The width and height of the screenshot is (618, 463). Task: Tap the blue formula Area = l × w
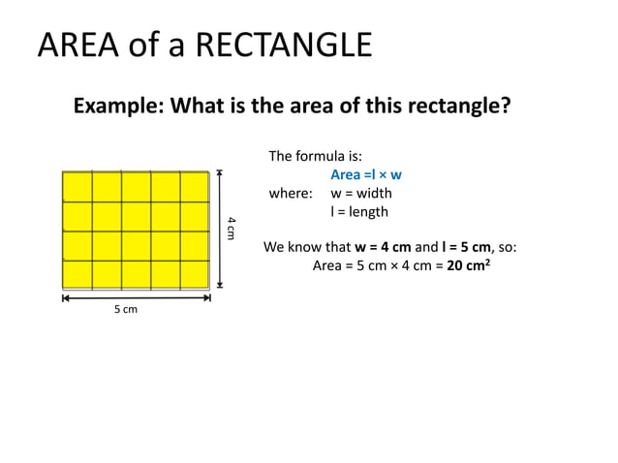point(366,175)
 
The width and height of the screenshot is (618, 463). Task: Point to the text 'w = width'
point(361,194)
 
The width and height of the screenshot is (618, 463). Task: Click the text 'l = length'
point(359,212)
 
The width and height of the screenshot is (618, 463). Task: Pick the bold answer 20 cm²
point(469,264)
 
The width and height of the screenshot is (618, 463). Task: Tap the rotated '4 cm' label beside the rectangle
point(232,229)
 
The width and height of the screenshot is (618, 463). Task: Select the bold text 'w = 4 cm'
point(384,247)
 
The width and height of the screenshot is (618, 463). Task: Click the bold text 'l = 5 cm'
point(470,247)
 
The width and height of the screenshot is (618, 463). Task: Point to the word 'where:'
point(291,194)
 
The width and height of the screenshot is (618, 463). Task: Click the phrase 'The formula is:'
point(315,157)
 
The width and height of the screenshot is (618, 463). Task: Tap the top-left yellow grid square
point(77,187)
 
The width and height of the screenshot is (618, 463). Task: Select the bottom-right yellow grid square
point(194,274)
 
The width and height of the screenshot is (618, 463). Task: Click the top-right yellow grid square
point(194,187)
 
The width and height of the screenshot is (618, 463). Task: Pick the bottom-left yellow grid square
point(77,274)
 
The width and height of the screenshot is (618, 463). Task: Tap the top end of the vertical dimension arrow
point(221,173)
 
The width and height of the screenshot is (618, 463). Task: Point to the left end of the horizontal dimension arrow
point(64,299)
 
